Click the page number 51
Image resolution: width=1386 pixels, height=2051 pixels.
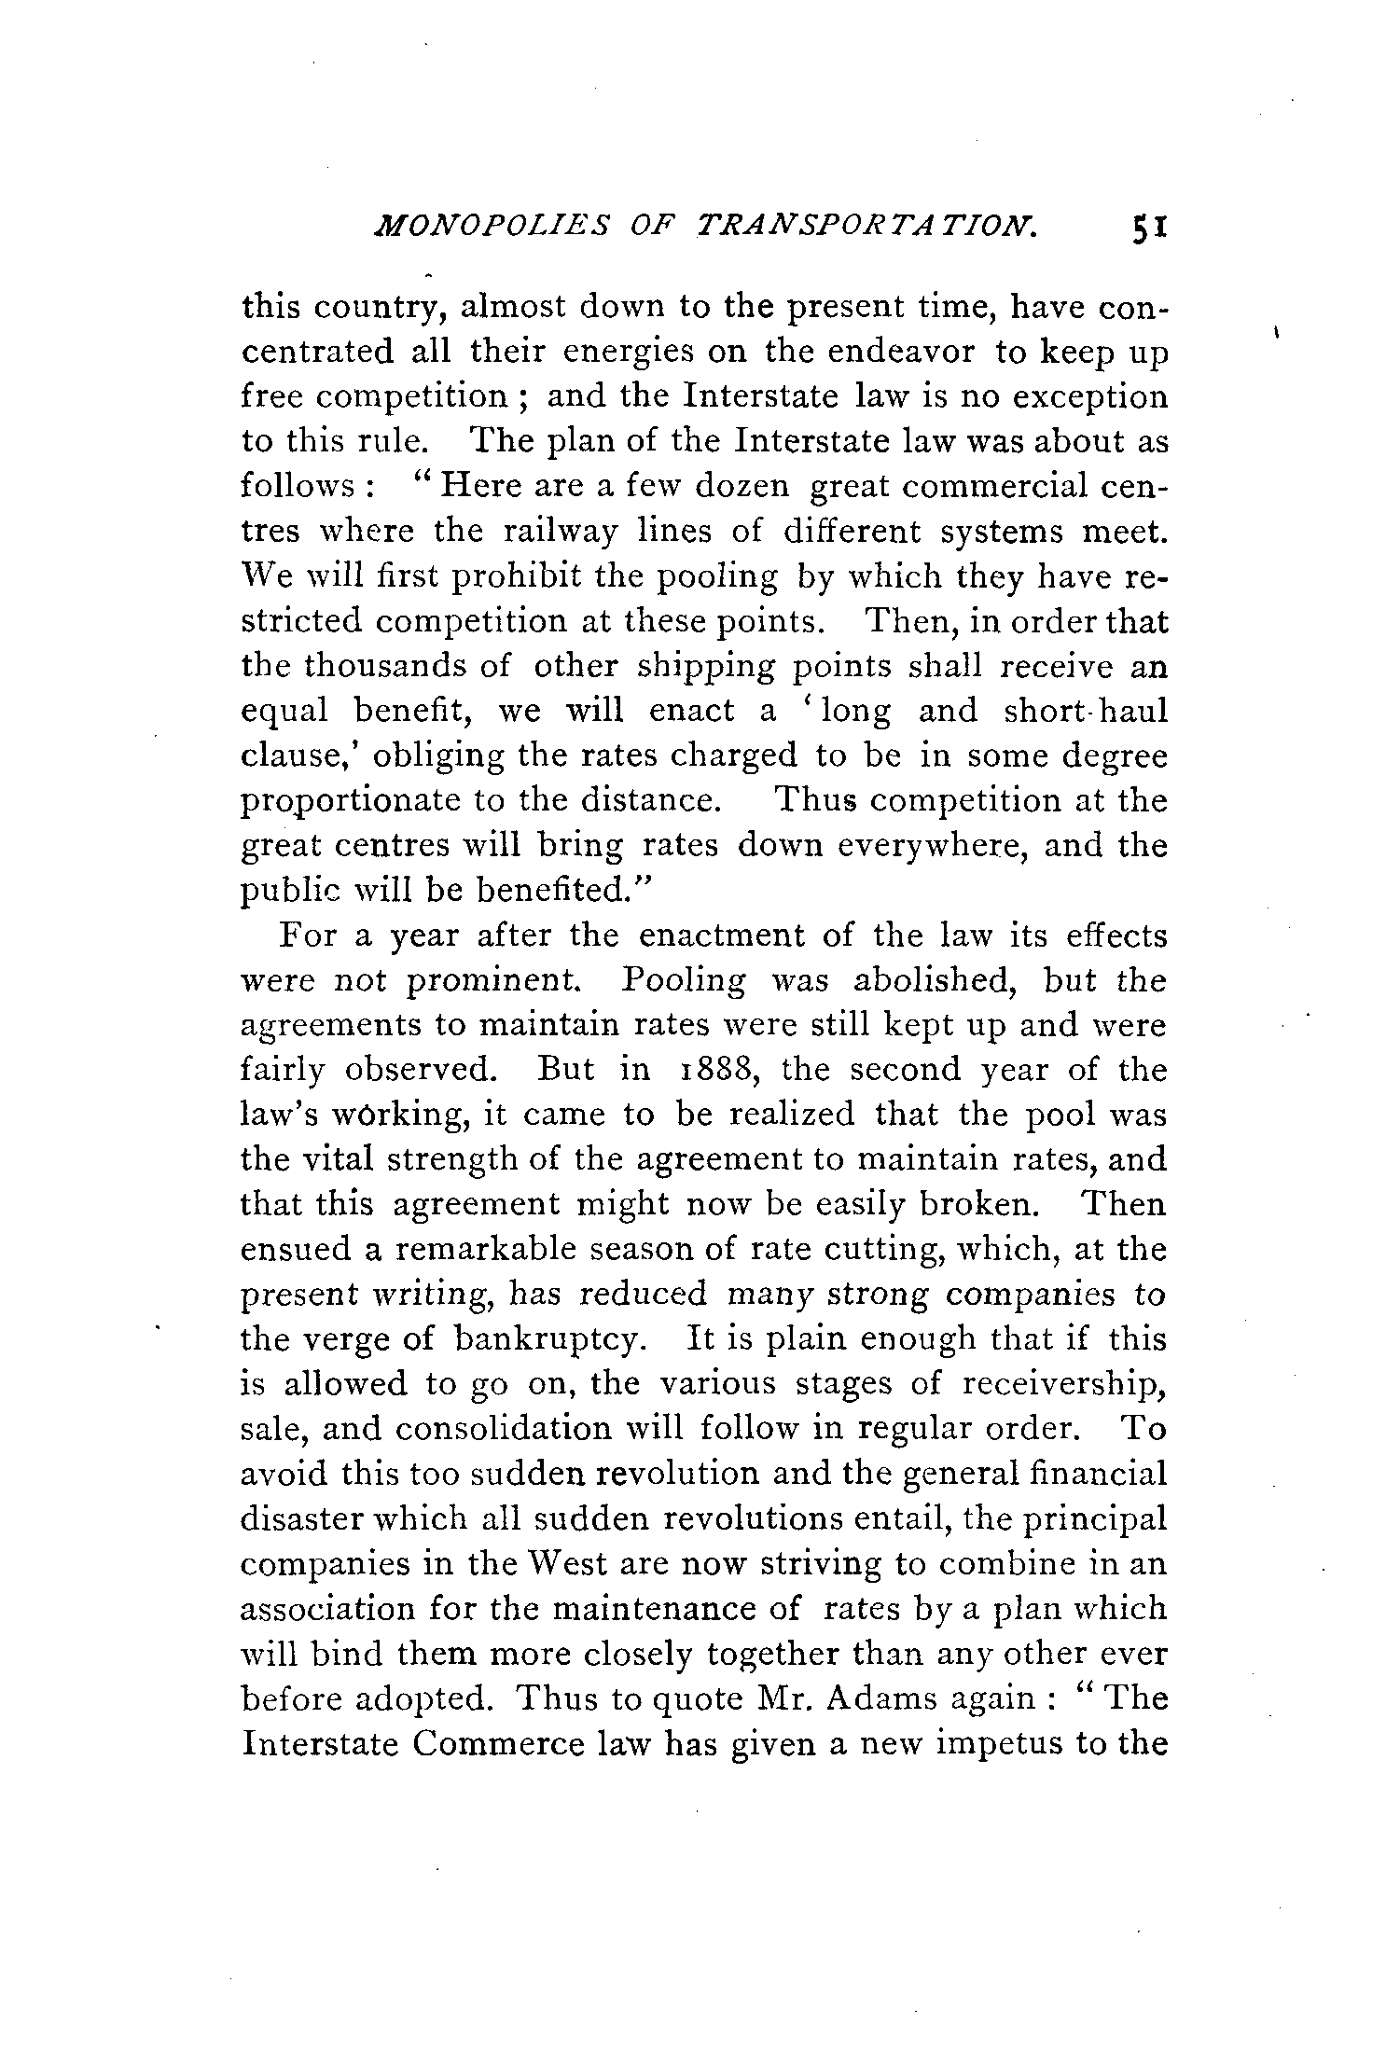1146,255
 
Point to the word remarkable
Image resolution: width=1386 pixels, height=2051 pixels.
461,1250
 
